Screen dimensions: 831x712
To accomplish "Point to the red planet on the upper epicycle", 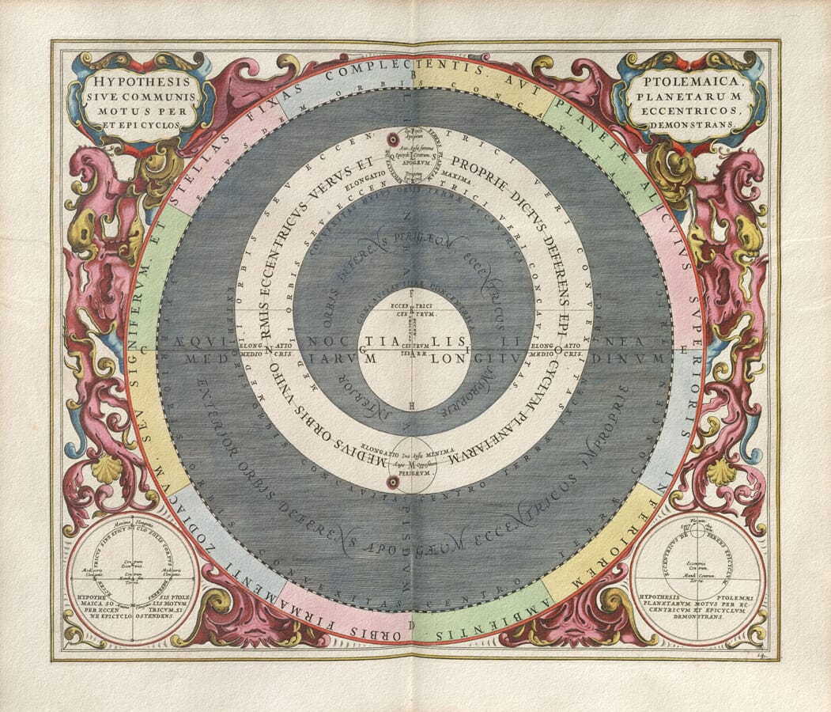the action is tap(391, 140).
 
